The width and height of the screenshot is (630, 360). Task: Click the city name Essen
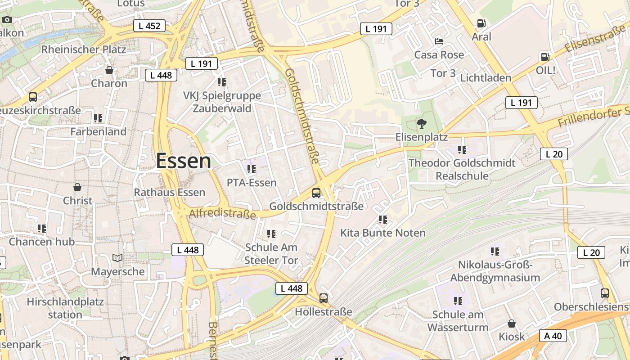(184, 161)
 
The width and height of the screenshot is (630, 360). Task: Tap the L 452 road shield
(149, 26)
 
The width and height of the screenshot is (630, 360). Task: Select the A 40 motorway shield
(553, 336)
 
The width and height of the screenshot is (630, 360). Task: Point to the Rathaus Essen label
(170, 193)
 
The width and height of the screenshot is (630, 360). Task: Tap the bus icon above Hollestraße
(324, 298)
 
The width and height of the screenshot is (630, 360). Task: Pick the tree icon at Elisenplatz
(422, 123)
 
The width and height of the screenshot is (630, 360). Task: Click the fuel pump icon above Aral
(481, 23)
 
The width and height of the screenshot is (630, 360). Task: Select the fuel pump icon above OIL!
(545, 57)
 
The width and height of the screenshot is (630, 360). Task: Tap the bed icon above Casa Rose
(439, 41)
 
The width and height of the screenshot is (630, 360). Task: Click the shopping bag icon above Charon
(109, 70)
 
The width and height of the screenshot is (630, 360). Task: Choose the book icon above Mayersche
(117, 258)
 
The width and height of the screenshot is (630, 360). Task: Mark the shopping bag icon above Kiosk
(512, 324)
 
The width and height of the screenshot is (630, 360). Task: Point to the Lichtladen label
(486, 78)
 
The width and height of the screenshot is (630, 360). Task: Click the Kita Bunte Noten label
(383, 233)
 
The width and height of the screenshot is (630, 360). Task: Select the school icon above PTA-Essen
(252, 169)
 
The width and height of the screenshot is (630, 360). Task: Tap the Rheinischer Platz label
(84, 49)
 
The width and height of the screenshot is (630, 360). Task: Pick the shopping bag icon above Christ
(77, 187)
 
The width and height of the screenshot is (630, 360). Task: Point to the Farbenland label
(99, 132)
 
